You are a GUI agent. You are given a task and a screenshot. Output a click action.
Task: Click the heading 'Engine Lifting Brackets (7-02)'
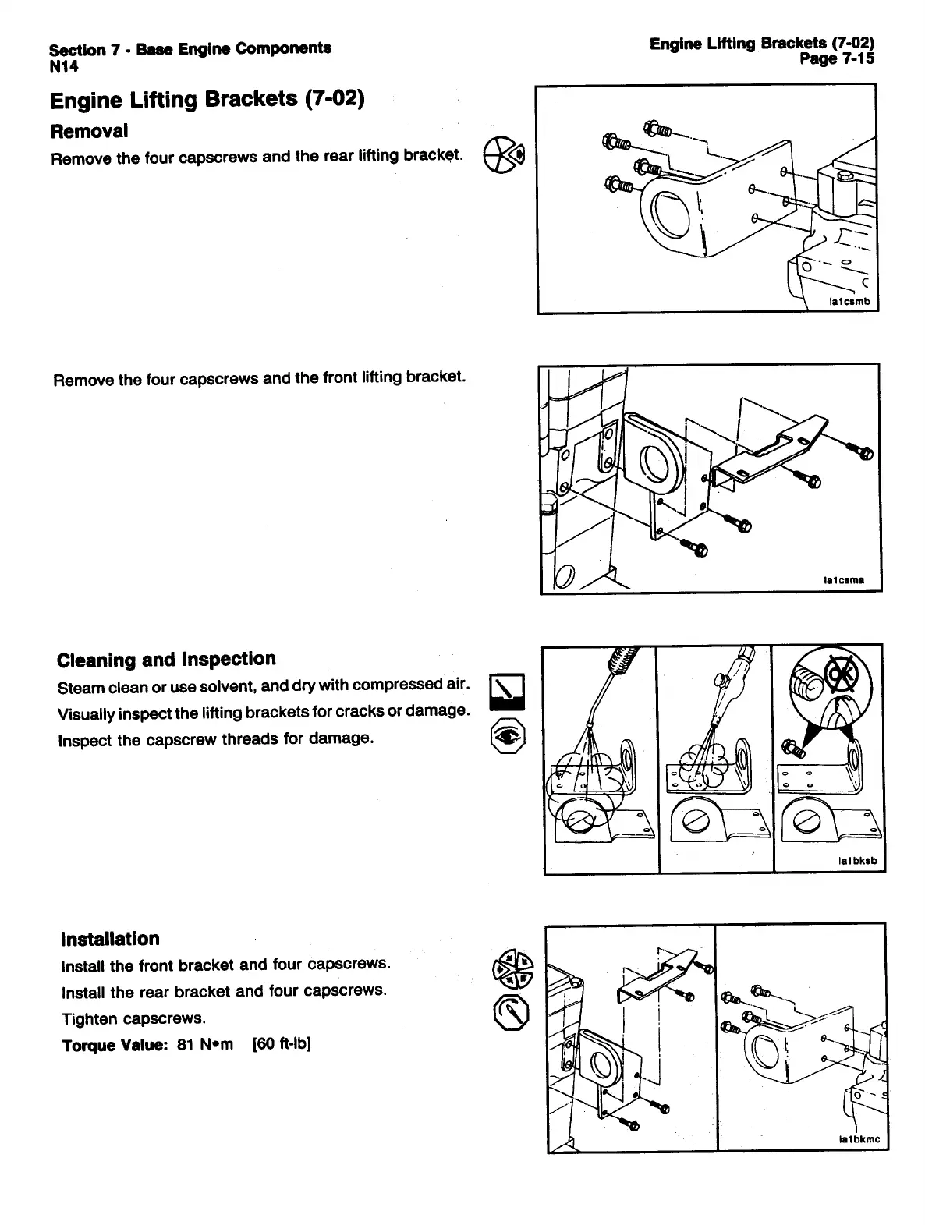[207, 100]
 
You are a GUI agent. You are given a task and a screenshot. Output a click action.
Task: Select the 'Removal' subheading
[88, 131]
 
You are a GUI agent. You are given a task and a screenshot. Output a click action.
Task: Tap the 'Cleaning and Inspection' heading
[166, 660]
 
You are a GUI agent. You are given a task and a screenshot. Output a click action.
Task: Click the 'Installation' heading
[109, 939]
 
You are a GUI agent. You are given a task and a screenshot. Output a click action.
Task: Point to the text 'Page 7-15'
[838, 58]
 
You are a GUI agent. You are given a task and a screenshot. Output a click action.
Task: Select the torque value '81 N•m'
[205, 1045]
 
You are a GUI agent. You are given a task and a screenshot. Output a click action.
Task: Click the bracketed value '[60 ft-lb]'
[282, 1044]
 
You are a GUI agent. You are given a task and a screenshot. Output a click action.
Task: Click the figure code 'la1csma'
[845, 580]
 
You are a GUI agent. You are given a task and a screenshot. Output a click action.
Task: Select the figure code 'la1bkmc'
[859, 1139]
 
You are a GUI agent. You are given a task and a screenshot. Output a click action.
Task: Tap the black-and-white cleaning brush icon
[507, 692]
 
